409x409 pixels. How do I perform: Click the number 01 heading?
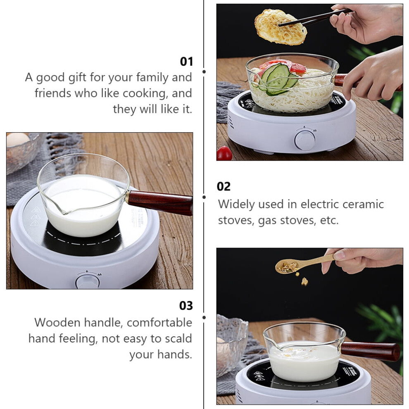point(186,62)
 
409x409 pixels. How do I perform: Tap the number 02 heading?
point(224,186)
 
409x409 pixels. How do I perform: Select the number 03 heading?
point(186,306)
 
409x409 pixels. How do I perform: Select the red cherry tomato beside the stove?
point(224,153)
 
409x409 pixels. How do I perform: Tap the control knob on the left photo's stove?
point(88,281)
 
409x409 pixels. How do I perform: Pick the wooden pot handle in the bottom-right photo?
point(371,351)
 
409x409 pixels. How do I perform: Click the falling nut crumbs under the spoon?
point(302,279)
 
